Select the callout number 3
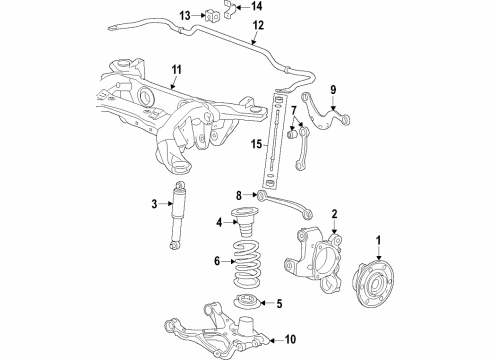155,204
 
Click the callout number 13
184,15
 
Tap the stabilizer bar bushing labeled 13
211,16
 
